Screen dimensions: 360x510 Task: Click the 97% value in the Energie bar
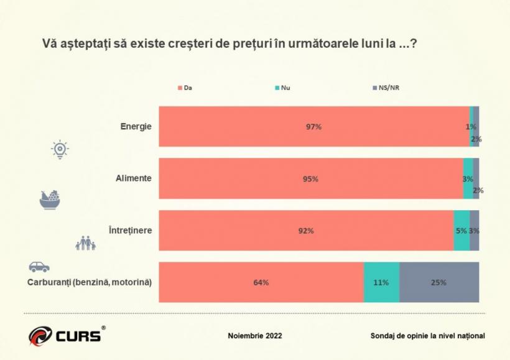click(313, 127)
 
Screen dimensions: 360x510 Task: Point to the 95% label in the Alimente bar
click(310, 179)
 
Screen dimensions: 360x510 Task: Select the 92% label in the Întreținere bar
click(305, 231)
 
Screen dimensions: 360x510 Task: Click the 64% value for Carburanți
click(261, 282)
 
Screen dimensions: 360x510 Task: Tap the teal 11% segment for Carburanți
click(381, 282)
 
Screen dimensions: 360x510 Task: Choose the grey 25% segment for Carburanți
click(438, 282)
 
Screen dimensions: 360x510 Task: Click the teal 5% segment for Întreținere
click(461, 231)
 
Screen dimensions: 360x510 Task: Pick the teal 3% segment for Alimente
click(468, 179)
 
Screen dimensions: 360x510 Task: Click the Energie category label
click(136, 126)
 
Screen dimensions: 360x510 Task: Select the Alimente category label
click(134, 178)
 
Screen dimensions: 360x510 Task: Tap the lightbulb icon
click(60, 150)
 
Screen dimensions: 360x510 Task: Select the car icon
click(39, 267)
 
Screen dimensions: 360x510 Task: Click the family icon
click(85, 243)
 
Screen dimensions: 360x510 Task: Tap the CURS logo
click(65, 335)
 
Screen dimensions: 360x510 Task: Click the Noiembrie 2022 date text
click(255, 336)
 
